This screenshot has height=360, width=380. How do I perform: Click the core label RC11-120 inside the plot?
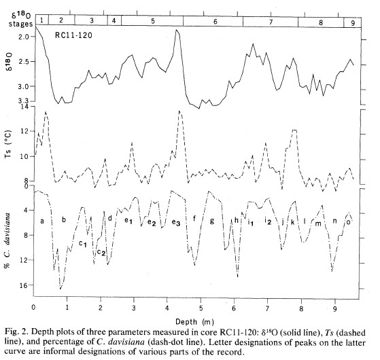click(x=73, y=35)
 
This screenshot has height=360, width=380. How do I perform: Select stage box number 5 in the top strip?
click(x=152, y=20)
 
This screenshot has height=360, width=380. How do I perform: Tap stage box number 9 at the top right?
click(x=353, y=23)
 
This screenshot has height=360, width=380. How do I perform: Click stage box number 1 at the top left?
click(x=41, y=20)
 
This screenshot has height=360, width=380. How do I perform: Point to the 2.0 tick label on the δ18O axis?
click(x=23, y=37)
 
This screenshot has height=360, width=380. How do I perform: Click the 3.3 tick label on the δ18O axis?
click(x=23, y=101)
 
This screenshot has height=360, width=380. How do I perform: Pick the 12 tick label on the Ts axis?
click(x=24, y=132)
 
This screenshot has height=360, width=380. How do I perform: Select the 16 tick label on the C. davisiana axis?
click(x=24, y=285)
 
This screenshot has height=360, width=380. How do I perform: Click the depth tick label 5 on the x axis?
click(x=201, y=308)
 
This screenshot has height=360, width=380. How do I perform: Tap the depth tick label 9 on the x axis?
click(x=335, y=309)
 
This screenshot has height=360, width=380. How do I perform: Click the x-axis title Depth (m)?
click(x=195, y=322)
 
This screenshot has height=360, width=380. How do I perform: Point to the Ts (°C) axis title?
click(x=8, y=144)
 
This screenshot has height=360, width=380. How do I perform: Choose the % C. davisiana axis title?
click(x=7, y=240)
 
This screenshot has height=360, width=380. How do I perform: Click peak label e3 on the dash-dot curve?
click(x=176, y=222)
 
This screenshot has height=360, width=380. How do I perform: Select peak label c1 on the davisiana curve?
click(x=83, y=243)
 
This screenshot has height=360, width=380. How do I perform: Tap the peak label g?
click(x=212, y=221)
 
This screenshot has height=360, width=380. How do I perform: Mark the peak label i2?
click(x=268, y=221)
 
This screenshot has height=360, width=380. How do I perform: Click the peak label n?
click(x=334, y=221)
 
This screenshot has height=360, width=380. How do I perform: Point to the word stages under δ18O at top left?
click(x=20, y=24)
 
